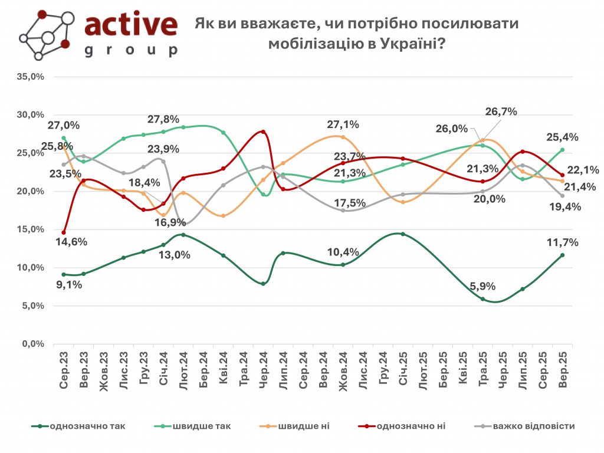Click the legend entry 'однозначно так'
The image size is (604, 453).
87,426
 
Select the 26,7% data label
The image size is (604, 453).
501,111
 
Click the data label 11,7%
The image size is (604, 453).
562,242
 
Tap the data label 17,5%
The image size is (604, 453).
351,203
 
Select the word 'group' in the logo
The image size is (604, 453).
130,50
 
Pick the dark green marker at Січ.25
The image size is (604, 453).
403,234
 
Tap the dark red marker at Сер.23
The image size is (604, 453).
64,232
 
